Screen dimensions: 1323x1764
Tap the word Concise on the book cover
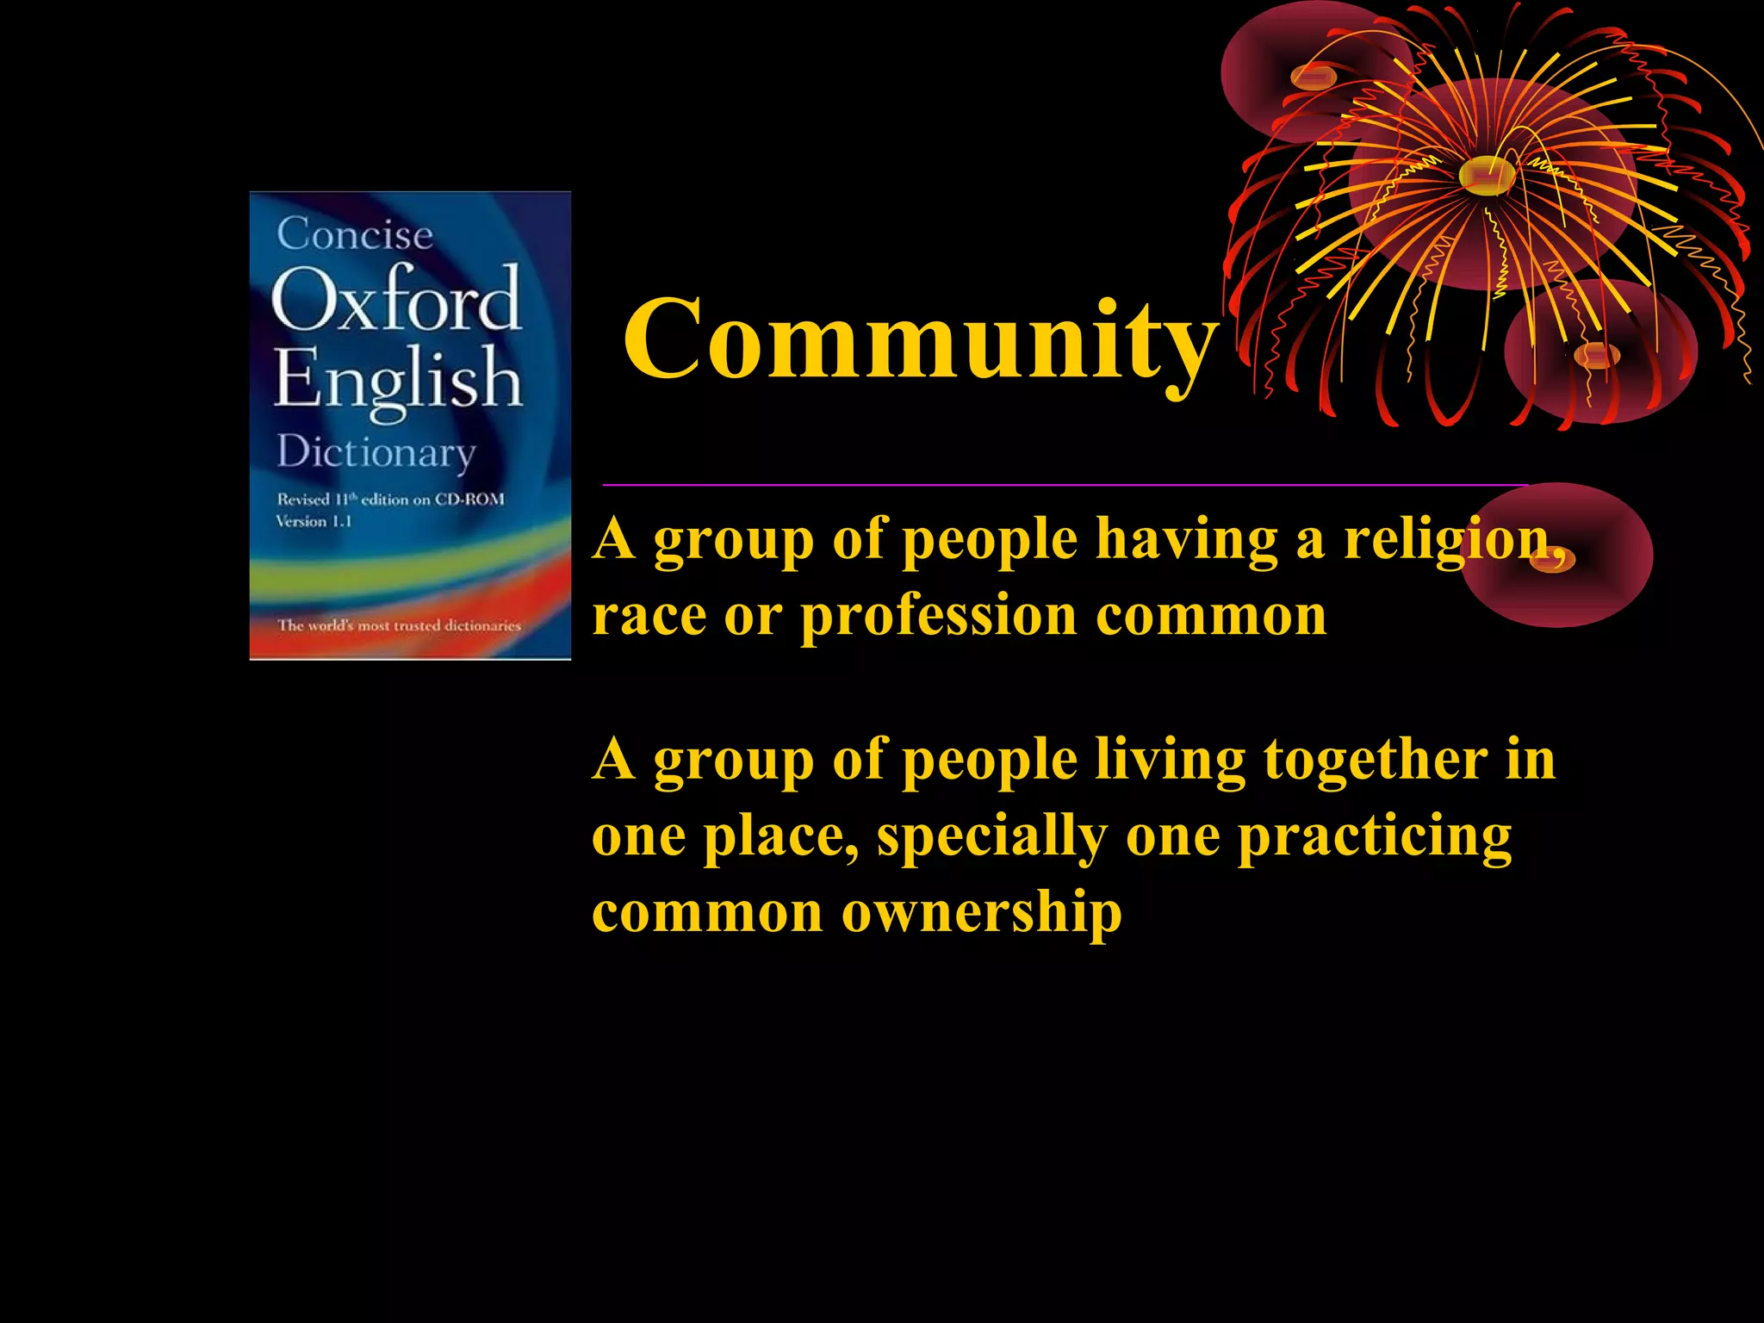pos(355,233)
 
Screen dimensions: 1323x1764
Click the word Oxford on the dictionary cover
pos(396,299)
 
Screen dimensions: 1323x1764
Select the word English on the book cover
pos(398,379)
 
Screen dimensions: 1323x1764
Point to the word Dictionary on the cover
pos(376,452)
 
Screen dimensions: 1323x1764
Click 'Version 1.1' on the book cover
pos(314,521)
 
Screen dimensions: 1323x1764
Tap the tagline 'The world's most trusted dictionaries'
pos(399,625)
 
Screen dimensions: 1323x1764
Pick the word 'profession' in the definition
pos(939,618)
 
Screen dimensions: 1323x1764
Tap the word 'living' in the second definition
pos(1169,761)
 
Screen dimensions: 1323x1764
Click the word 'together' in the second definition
pos(1375,761)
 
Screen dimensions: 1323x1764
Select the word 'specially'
pos(991,836)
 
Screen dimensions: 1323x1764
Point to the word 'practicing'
pos(1375,836)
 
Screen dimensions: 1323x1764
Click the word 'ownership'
pos(981,912)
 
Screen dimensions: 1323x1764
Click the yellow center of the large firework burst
pos(1486,175)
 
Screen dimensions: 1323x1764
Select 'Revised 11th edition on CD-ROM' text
pos(390,500)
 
